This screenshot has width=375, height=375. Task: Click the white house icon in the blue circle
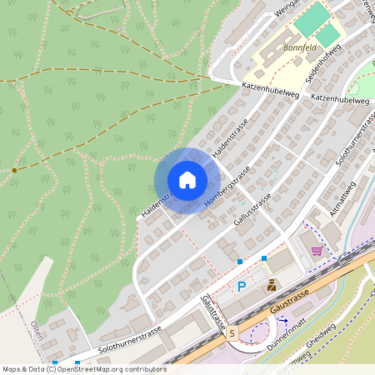tap(187, 180)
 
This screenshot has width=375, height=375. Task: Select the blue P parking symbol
tap(242, 287)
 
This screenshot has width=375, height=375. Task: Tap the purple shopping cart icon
tap(317, 249)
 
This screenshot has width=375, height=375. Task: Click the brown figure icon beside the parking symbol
tap(272, 285)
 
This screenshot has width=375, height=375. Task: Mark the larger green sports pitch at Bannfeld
tap(311, 19)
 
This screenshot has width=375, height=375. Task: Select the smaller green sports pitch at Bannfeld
tap(329, 34)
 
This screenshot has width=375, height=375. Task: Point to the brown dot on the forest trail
tap(14, 170)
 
